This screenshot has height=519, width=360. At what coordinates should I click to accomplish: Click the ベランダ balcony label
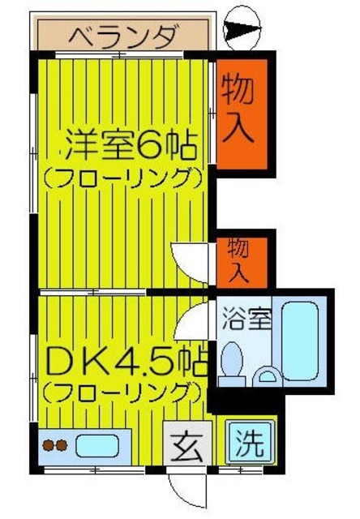[x=121, y=36]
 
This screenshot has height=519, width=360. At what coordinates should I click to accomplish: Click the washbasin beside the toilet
[x=266, y=374]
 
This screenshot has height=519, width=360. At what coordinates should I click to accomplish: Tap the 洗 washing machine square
[x=246, y=443]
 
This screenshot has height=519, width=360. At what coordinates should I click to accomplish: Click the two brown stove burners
[x=55, y=445]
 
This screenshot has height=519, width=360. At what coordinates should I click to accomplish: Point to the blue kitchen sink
[x=96, y=445]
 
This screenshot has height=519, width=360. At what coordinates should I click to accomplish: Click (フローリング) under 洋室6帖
[x=122, y=178]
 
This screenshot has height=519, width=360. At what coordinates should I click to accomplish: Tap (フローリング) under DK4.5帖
[x=122, y=392]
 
